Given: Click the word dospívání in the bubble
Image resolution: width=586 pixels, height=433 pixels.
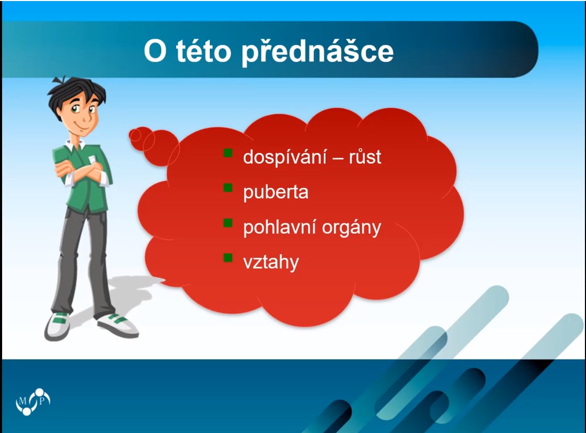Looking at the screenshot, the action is coord(285,157).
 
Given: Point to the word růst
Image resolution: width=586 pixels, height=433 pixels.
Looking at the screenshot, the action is coord(365,157).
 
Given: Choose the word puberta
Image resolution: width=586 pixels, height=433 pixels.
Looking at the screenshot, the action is coord(276,193).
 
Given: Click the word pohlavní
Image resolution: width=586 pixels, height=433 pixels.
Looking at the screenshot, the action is coord(280,227).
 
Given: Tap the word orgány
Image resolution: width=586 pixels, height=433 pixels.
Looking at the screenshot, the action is coord(351,228).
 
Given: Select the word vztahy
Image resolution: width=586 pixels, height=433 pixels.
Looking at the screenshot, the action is coord(271,263).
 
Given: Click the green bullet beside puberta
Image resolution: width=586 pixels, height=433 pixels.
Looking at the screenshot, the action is coord(228,188).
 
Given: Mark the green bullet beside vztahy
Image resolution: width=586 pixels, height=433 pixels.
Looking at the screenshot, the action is coord(228,258).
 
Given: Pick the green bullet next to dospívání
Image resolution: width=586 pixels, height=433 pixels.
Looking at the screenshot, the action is coord(228,153).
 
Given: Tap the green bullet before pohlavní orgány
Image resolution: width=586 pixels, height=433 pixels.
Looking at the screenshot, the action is coord(228,223).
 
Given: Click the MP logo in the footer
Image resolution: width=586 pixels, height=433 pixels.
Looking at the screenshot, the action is coord(33,401).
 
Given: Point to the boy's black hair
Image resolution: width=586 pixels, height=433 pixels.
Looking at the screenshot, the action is coord(75,92).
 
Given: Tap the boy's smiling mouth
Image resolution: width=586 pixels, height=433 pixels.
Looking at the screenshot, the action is coord(83,126).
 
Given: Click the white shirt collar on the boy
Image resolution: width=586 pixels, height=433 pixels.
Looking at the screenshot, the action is coord(75,146).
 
